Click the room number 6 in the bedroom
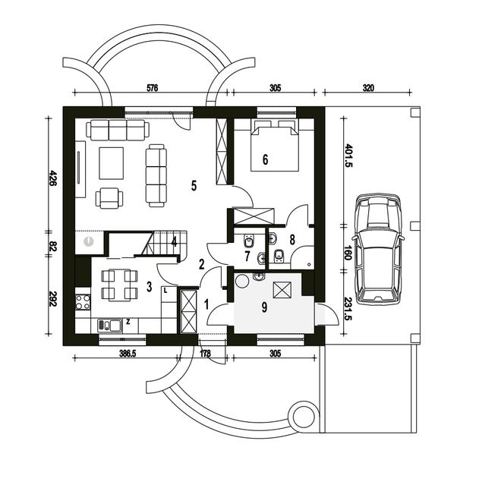tap(265, 159)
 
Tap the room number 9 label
tap(264, 307)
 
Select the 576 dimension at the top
tap(152, 88)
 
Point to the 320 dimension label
tap(368, 88)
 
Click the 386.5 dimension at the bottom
tap(128, 354)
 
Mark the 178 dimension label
tap(205, 354)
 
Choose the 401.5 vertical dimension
tap(348, 156)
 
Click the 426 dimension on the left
tap(52, 178)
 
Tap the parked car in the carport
tap(378, 248)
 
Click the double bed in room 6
tap(275, 146)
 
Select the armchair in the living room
tap(109, 198)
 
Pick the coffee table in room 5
tap(111, 163)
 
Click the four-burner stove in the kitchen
tap(83, 302)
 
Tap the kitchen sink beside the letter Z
tap(109, 326)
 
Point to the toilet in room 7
tap(248, 241)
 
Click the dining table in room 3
tap(119, 285)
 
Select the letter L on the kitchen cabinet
tap(165, 291)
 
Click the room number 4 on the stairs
tap(174, 242)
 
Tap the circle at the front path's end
tap(303, 416)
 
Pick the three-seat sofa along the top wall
tap(118, 130)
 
